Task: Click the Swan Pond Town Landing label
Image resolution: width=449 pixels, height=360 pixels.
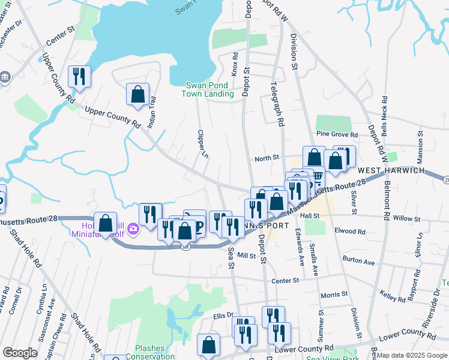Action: [209, 89]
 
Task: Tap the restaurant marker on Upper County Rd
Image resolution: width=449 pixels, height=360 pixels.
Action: [79, 76]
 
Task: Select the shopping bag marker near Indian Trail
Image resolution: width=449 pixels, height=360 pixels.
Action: [138, 94]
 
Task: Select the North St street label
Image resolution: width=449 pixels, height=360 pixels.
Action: [267, 158]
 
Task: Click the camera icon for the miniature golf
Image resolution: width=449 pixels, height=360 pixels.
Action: [133, 227]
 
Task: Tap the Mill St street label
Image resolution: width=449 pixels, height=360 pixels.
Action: [247, 255]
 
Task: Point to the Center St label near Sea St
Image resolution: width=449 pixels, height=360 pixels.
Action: [285, 280]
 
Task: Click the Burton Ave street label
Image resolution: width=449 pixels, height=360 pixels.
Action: [358, 262]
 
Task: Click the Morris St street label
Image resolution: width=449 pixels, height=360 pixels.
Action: [334, 295]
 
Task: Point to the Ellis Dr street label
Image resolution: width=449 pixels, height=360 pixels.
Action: [223, 316]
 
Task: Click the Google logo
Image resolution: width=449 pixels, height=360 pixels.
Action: [20, 353]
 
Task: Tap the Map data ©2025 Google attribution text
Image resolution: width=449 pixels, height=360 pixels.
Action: [407, 355]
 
